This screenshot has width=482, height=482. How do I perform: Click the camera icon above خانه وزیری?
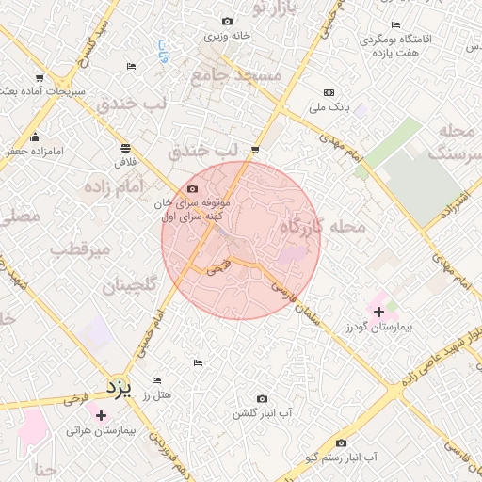[x=226, y=21]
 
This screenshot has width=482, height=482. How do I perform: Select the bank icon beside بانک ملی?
[x=328, y=92]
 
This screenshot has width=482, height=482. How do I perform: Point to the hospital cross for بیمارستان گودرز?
[x=378, y=312]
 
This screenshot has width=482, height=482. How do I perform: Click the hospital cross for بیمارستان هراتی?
[x=101, y=414]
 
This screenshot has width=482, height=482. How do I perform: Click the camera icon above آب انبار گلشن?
[x=262, y=399]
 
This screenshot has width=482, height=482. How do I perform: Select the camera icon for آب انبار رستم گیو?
[x=341, y=442]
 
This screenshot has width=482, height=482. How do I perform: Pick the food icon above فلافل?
[x=125, y=147]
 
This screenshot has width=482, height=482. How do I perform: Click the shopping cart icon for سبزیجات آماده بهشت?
[x=39, y=77]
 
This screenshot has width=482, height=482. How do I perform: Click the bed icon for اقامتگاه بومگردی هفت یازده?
[x=395, y=24]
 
